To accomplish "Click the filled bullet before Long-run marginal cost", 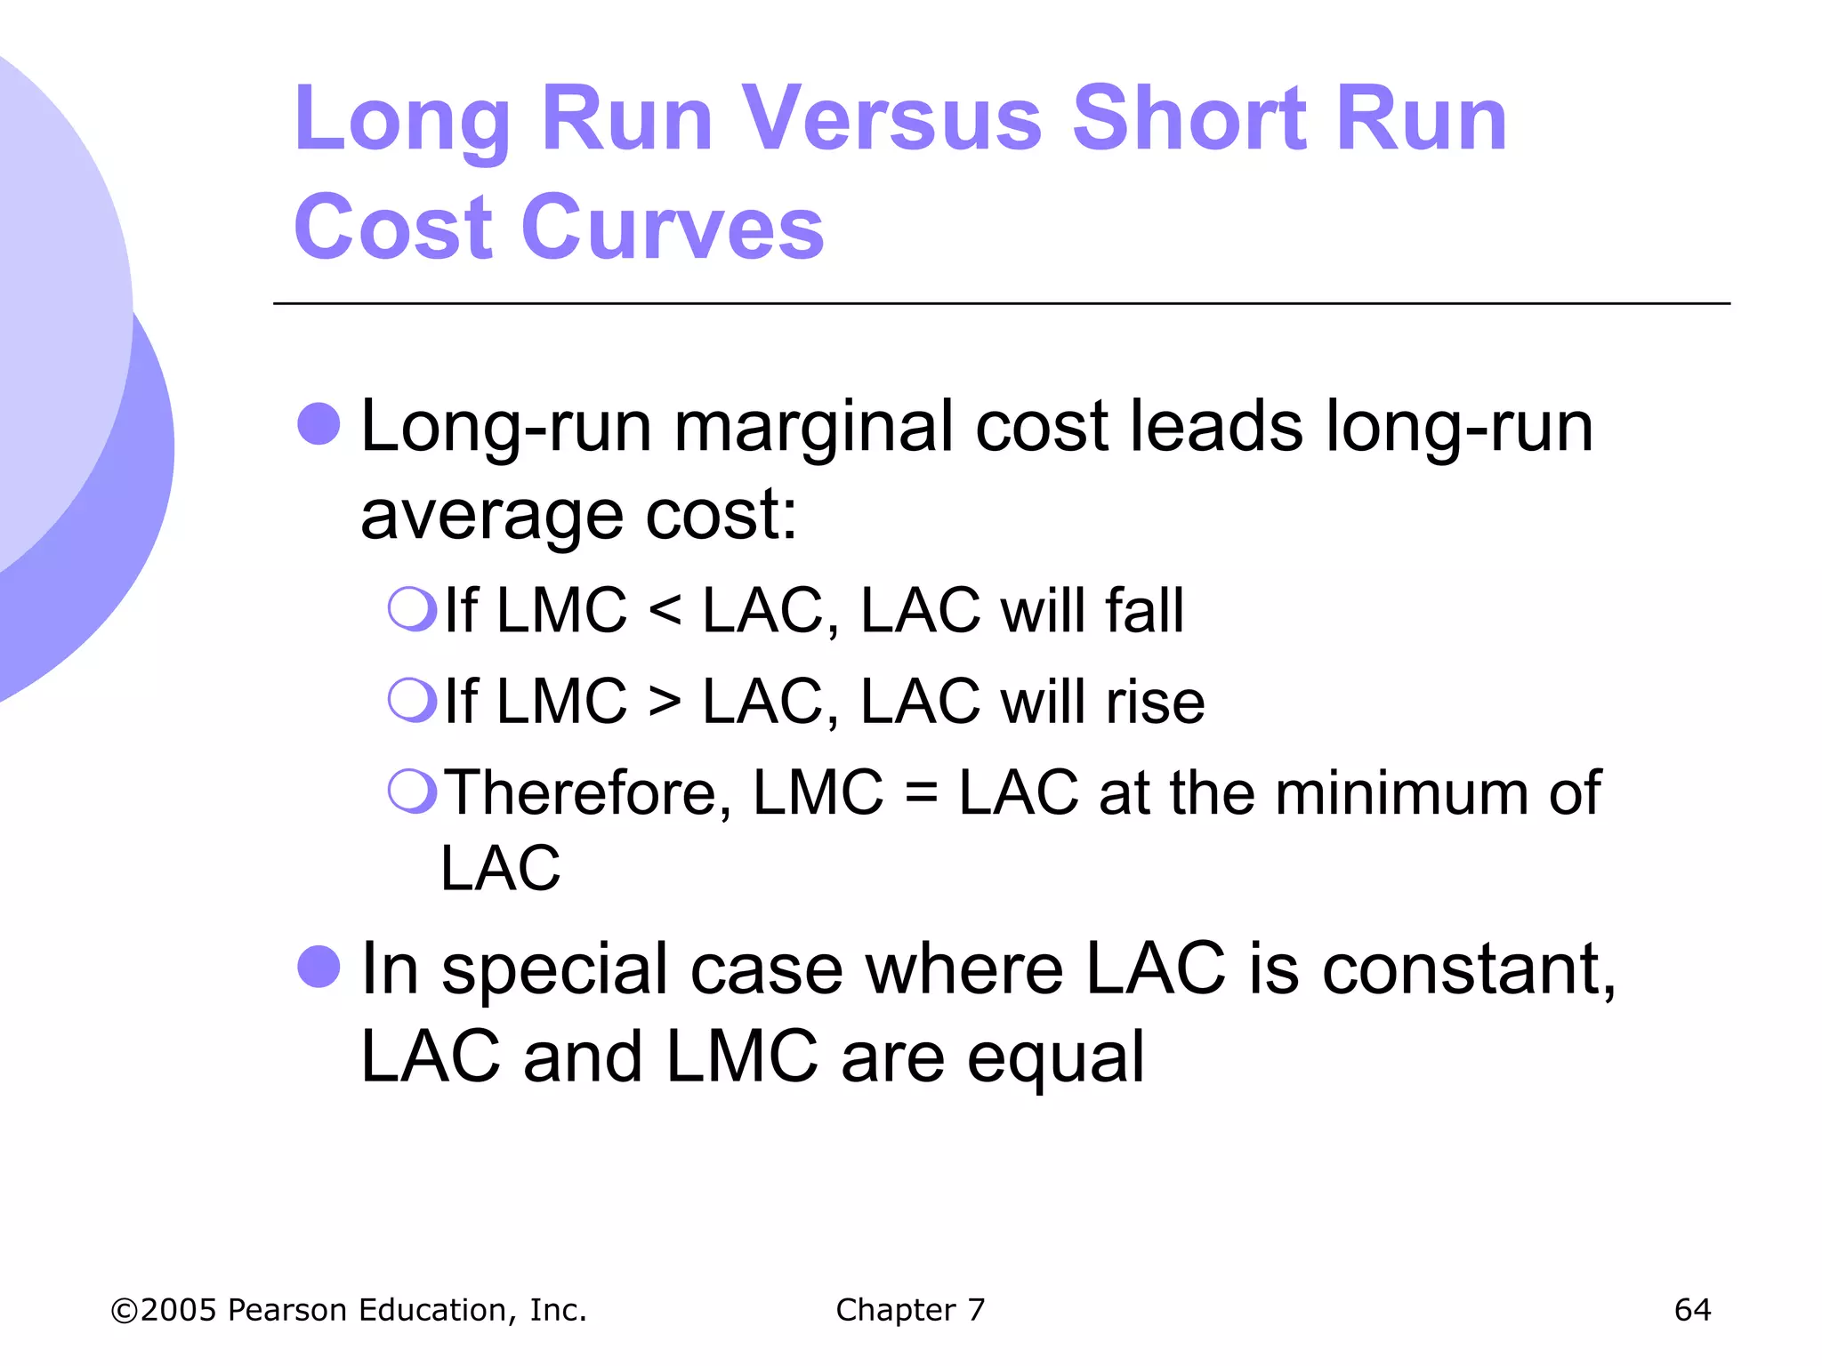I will click(x=318, y=423).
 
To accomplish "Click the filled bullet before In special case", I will click(x=318, y=966).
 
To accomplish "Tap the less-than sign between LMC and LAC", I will click(x=665, y=612).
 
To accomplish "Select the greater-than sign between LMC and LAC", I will click(x=665, y=703).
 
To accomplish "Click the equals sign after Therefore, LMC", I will click(x=921, y=793).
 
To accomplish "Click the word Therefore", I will click(x=587, y=793).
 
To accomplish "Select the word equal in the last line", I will click(x=1055, y=1058).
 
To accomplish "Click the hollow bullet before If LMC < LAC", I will click(x=412, y=609).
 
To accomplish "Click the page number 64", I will click(x=1692, y=1310).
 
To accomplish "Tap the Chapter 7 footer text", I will click(x=910, y=1310).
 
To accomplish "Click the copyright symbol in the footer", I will click(x=125, y=1311).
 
